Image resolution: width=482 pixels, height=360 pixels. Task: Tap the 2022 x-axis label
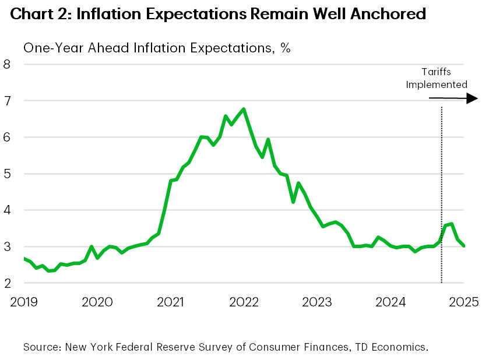244,302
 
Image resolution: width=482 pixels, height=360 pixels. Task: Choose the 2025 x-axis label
465,302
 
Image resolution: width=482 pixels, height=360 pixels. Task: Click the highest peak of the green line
243,109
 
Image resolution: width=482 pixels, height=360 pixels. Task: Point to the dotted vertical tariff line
441,192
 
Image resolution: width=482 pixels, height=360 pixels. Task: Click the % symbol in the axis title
285,48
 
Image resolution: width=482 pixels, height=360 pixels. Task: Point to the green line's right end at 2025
464,246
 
